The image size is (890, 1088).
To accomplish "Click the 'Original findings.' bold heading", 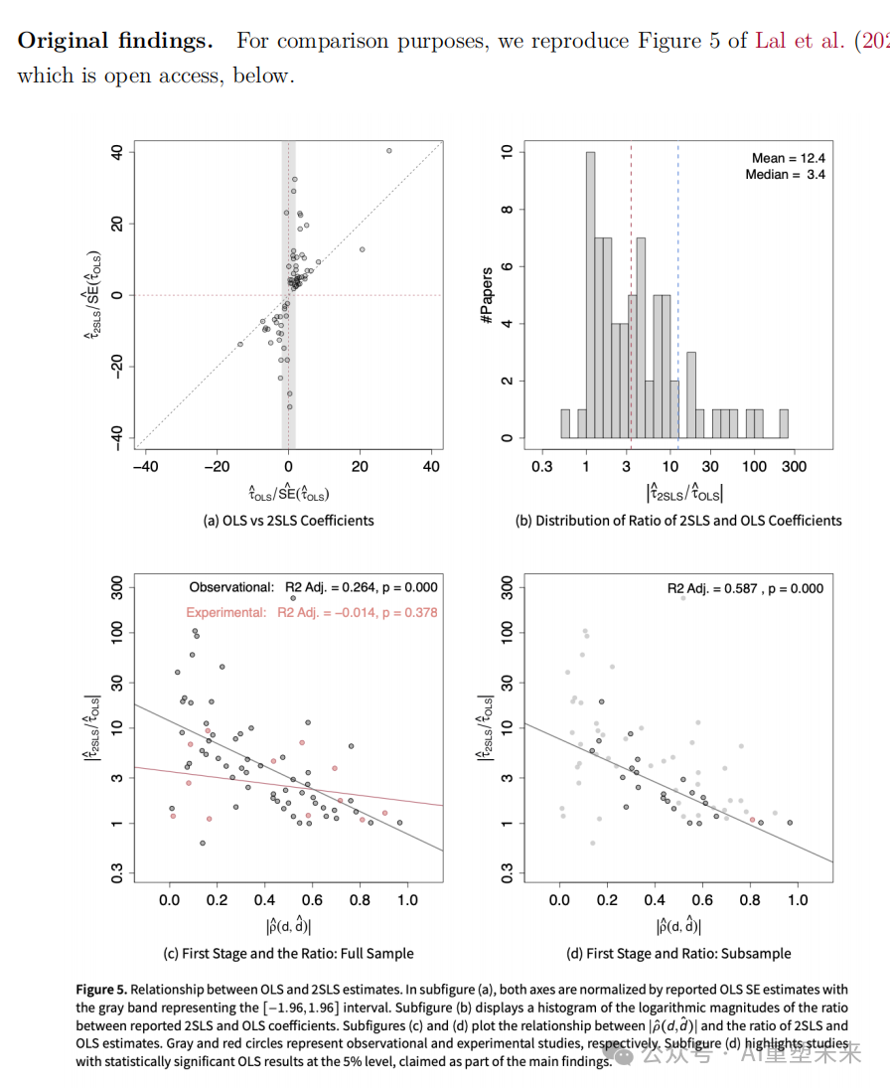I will (x=115, y=41).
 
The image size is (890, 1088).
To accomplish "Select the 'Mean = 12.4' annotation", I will (x=789, y=158).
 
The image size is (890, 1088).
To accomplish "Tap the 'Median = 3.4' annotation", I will (x=785, y=175).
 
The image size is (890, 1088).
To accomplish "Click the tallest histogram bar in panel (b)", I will (x=590, y=294).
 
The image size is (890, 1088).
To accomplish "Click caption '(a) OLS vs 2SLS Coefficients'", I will (x=288, y=520).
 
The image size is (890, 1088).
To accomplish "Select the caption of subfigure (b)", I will (x=678, y=520).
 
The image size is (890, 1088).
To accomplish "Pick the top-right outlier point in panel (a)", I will (x=388, y=151).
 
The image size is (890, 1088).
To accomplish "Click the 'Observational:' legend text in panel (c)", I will (x=231, y=587).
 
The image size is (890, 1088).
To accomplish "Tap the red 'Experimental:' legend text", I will (x=225, y=612).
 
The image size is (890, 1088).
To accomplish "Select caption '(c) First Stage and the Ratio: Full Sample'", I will (x=288, y=953).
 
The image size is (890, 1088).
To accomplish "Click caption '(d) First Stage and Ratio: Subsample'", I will (x=678, y=953).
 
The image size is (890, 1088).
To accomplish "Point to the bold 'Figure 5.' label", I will (x=101, y=990).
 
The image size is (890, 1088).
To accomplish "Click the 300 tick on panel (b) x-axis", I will (x=793, y=466).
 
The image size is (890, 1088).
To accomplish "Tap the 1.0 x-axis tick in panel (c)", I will (x=407, y=900).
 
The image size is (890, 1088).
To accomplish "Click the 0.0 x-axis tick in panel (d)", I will (x=560, y=900).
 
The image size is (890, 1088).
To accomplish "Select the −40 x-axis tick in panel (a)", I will (x=146, y=466).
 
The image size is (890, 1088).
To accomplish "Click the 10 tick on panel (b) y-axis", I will (x=508, y=152).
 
